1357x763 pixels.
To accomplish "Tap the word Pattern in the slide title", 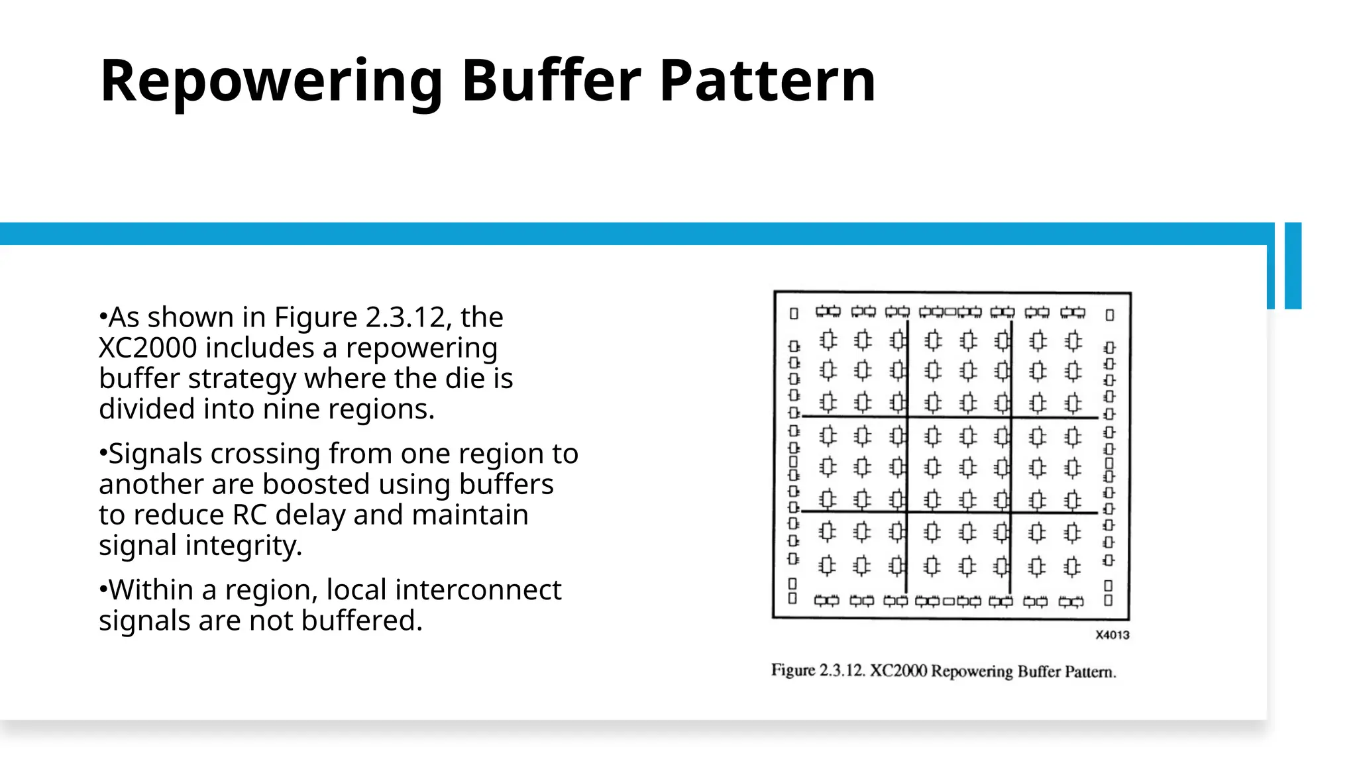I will point(768,81).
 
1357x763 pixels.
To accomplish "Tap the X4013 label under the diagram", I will point(1112,635).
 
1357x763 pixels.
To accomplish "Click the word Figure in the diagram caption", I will point(793,670).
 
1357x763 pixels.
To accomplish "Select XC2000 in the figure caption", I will point(898,671).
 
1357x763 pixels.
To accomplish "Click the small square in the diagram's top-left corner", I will point(794,313).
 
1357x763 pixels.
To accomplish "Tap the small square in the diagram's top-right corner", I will point(1110,315).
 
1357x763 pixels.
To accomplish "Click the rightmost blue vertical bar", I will point(1293,266).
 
